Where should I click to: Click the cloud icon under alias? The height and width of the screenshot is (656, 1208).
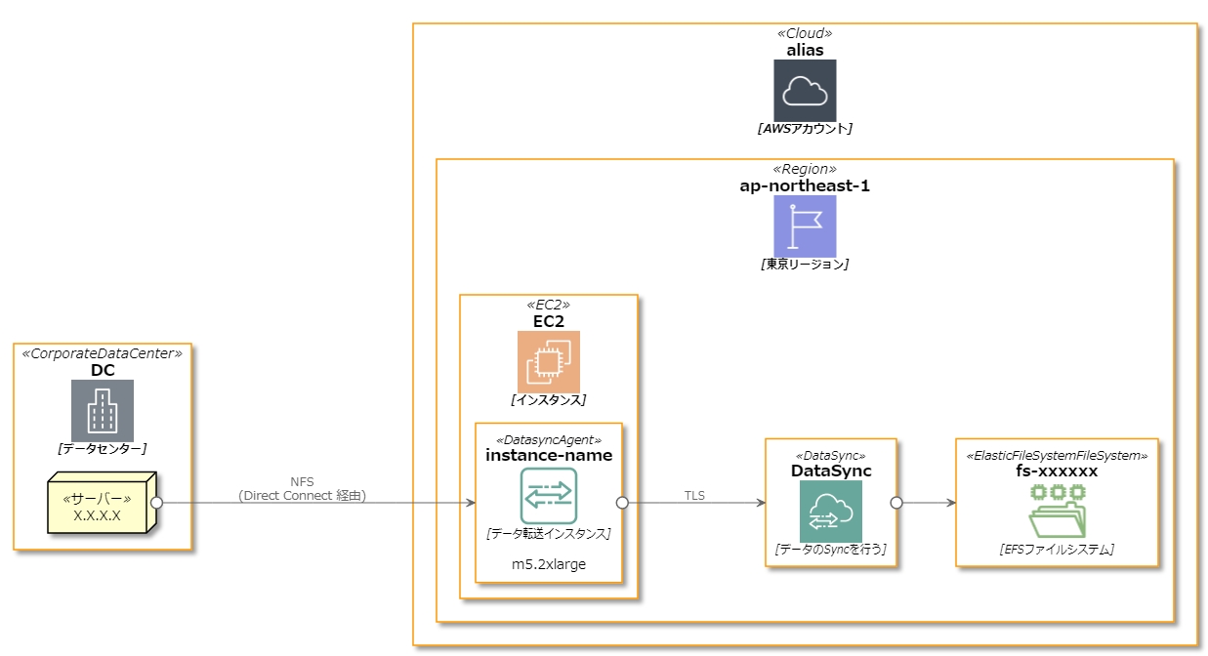coord(805,90)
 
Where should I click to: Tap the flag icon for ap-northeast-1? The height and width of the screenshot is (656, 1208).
coord(805,225)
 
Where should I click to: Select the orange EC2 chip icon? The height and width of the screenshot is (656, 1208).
coord(548,361)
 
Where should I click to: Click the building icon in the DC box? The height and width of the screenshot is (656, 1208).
coord(103,410)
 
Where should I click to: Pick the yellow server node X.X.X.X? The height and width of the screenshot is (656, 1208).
coord(100,505)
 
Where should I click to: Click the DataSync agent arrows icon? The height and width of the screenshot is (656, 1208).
coord(548,496)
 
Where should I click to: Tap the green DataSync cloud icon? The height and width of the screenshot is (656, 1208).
coord(830,512)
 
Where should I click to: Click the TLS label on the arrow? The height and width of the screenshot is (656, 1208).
coord(694,496)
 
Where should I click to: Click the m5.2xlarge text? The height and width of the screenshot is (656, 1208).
coord(548,564)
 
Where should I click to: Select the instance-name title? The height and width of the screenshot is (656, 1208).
coord(548,455)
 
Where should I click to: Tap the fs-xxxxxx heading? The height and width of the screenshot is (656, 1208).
coord(1057,471)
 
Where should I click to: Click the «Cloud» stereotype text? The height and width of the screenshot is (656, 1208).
coord(805,33)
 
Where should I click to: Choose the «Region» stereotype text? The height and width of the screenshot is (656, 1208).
coord(805,169)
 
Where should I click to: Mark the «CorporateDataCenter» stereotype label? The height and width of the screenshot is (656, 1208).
coord(103,353)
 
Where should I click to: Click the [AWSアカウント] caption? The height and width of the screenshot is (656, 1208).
coord(805,128)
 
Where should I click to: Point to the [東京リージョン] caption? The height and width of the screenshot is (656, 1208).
coord(805,264)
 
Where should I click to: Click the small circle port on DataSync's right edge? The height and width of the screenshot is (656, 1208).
coord(896,503)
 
